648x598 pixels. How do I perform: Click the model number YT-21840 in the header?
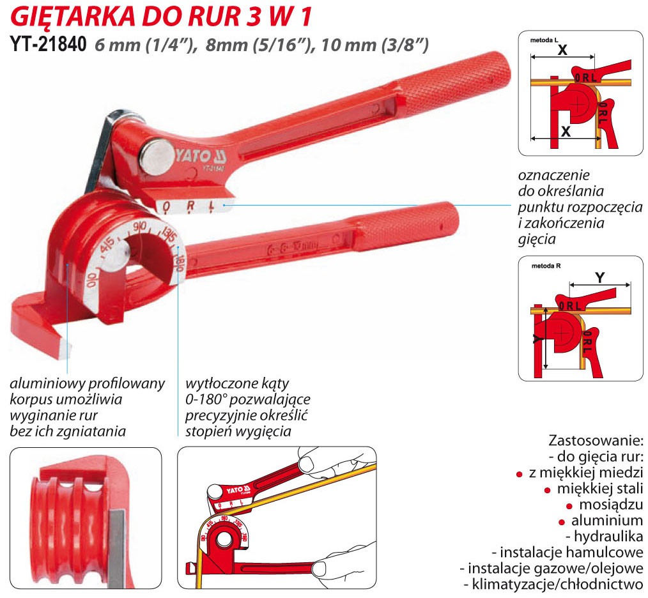[49, 45]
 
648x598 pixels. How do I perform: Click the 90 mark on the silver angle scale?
[139, 227]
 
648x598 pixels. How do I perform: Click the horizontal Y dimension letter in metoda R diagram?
[599, 277]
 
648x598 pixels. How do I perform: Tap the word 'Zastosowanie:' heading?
[596, 441]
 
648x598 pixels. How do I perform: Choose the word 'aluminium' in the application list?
[607, 520]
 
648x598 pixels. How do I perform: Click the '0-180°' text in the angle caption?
[208, 400]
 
